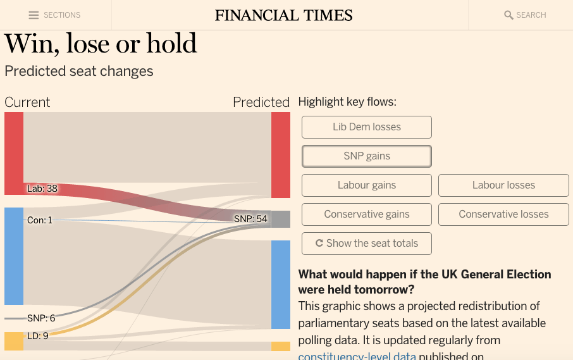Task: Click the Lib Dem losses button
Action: point(367,127)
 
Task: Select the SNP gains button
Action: point(367,156)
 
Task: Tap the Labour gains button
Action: point(367,185)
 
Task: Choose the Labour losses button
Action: point(503,185)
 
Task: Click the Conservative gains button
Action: point(367,214)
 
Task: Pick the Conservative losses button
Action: point(503,214)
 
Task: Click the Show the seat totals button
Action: point(367,244)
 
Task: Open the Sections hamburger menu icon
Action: point(34,15)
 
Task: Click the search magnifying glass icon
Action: point(508,15)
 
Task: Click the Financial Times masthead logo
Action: point(284,15)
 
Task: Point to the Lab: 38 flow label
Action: point(42,189)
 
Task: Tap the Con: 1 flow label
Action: point(40,220)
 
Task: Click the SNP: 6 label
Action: point(41,318)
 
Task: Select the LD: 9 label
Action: point(38,336)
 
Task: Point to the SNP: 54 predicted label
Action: point(250,219)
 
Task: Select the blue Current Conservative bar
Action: point(14,256)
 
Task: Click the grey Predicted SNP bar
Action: point(281,219)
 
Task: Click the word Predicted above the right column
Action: point(261,102)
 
